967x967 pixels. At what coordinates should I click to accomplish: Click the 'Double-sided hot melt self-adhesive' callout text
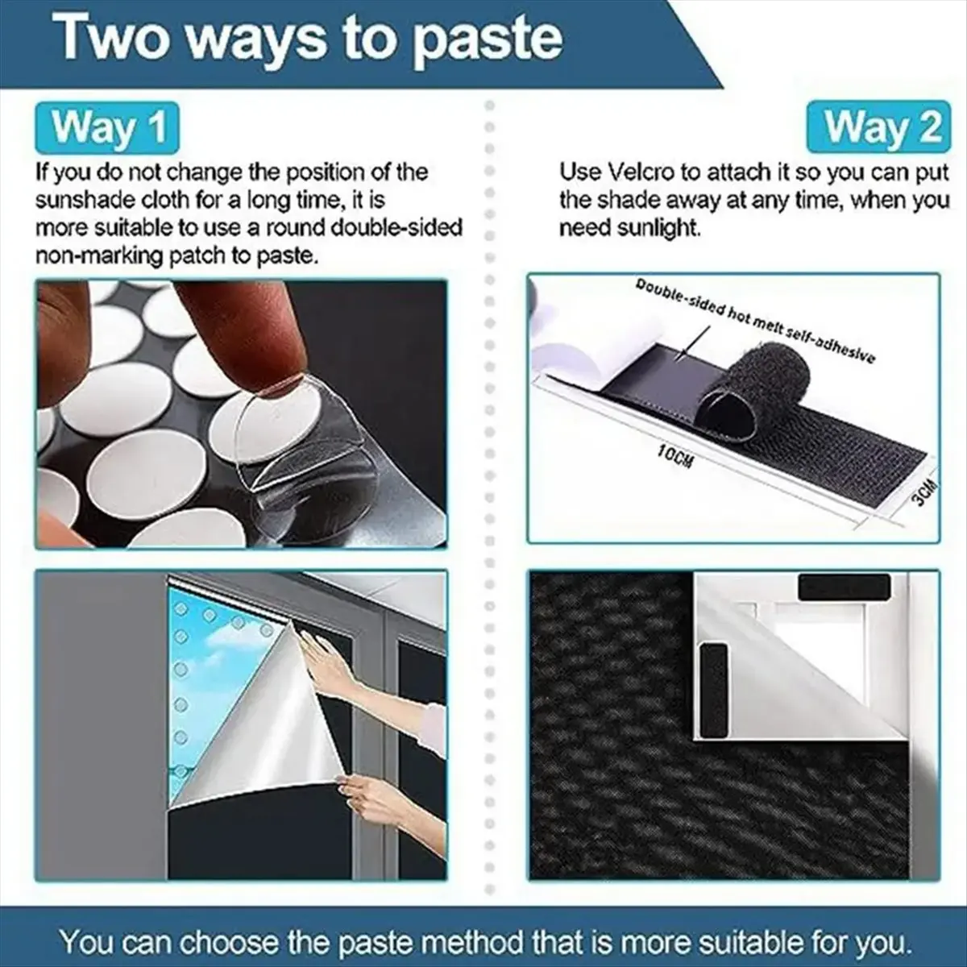pos(753,321)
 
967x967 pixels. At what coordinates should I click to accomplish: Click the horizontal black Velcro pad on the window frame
pos(844,587)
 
